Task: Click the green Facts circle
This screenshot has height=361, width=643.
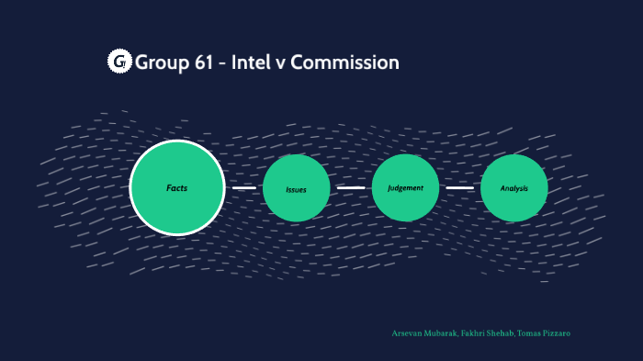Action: point(177,187)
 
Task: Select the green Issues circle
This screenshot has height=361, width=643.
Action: point(296,188)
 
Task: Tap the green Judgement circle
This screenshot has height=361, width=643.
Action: point(405,188)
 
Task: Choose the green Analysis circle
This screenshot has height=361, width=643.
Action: point(514,188)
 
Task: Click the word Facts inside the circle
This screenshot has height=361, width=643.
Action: point(177,188)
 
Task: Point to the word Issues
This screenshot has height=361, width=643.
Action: point(296,190)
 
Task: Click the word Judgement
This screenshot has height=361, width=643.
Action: point(405,188)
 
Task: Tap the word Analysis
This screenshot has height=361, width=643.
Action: point(514,189)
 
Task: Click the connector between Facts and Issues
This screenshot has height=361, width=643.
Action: point(243,188)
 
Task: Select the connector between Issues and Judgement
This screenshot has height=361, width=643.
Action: point(351,187)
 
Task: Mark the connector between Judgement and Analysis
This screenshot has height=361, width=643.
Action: point(459,188)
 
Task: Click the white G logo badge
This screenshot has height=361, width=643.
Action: point(119,62)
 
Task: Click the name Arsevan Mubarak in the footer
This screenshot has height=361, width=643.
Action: point(423,333)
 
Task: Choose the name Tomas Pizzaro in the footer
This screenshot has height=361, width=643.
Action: point(545,333)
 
